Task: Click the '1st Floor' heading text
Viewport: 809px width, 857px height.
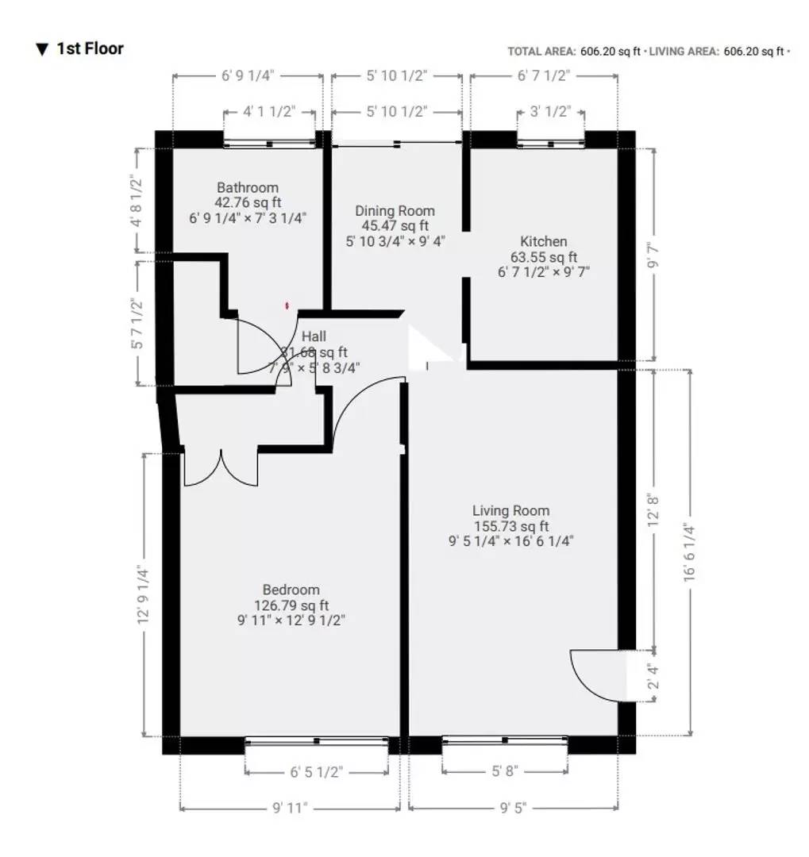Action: (x=89, y=48)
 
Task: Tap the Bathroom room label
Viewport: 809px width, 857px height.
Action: (x=248, y=188)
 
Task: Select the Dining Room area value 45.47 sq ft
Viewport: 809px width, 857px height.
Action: (x=395, y=226)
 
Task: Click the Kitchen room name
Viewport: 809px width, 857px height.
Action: (x=544, y=241)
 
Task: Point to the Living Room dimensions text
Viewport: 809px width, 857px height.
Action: (x=510, y=541)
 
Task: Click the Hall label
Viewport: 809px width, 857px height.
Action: (x=313, y=336)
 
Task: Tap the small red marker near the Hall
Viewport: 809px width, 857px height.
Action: (x=287, y=304)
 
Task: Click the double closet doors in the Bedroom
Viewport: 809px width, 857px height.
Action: (x=221, y=469)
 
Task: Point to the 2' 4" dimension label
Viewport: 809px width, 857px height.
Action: (x=653, y=677)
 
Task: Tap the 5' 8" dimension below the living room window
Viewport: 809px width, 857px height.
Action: (x=505, y=771)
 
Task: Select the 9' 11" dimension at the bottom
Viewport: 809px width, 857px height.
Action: (x=289, y=808)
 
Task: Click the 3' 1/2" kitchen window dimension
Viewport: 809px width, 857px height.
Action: (x=550, y=112)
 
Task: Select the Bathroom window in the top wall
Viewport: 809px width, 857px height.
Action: (x=270, y=144)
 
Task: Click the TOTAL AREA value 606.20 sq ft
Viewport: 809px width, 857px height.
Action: (x=609, y=52)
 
